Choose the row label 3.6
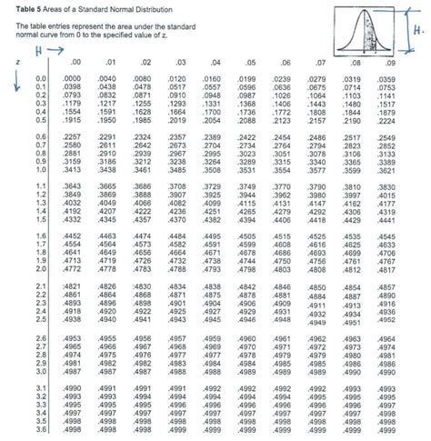point(40,430)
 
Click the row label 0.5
point(40,120)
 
